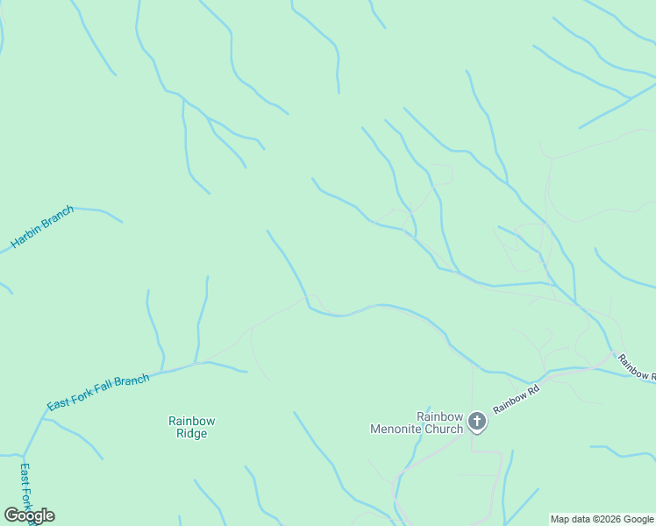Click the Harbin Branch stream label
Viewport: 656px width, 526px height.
[x=42, y=226]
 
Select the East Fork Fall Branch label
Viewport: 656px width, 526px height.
[x=98, y=391]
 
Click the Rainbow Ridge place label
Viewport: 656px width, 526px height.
[x=191, y=427]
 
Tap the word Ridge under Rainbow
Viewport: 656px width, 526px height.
[x=191, y=434]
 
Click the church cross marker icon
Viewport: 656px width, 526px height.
[x=477, y=423]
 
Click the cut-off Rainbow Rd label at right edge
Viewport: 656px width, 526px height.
[x=635, y=366]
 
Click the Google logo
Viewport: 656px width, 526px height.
[x=29, y=515]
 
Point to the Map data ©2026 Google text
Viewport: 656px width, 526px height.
[x=602, y=519]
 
